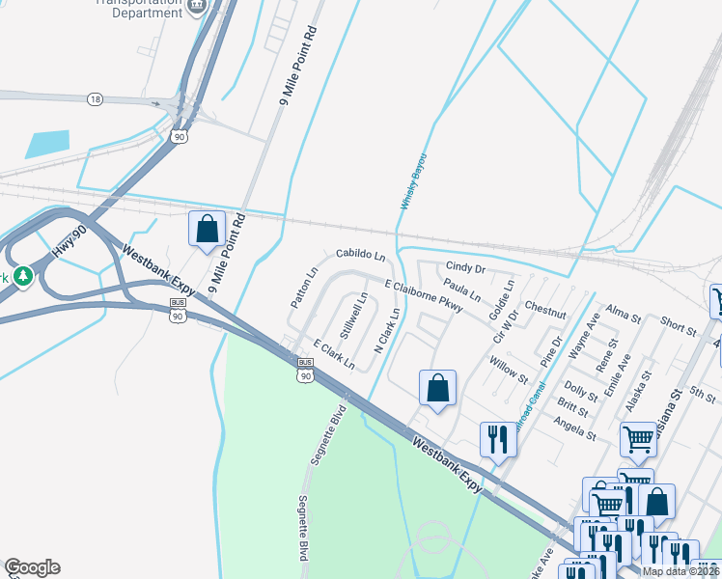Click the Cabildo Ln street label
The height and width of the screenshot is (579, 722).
coord(360,256)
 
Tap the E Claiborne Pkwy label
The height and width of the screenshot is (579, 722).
coord(424,296)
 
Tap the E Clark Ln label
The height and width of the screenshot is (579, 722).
coord(334,355)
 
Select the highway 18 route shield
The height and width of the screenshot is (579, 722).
coord(94,99)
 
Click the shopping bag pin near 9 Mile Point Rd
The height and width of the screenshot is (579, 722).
coord(207,230)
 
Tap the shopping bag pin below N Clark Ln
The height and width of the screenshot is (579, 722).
coord(437,388)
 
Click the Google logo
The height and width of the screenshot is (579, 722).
coord(32,567)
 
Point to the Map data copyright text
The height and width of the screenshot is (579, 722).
coord(680,571)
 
